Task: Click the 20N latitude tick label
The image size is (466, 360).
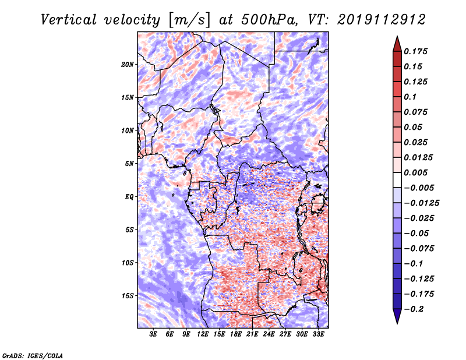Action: [128, 64]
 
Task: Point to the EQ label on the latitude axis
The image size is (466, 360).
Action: [130, 197]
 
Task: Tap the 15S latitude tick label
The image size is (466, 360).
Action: [128, 296]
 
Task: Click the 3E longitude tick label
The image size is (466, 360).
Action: [154, 335]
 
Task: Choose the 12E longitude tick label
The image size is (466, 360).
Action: [203, 335]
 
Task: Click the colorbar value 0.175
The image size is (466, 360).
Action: [416, 51]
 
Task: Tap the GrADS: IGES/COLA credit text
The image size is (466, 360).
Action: [32, 355]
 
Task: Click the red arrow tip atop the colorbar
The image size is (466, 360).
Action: [397, 42]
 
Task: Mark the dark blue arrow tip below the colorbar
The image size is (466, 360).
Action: [397, 317]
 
